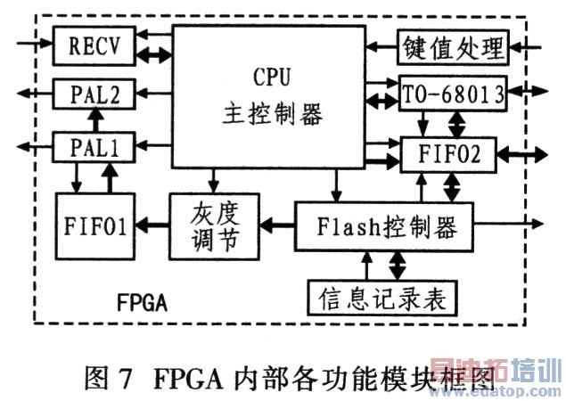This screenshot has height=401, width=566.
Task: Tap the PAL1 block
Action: coord(93,146)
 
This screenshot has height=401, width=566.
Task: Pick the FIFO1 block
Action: coord(93,224)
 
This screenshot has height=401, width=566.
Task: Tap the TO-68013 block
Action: coord(453,93)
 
